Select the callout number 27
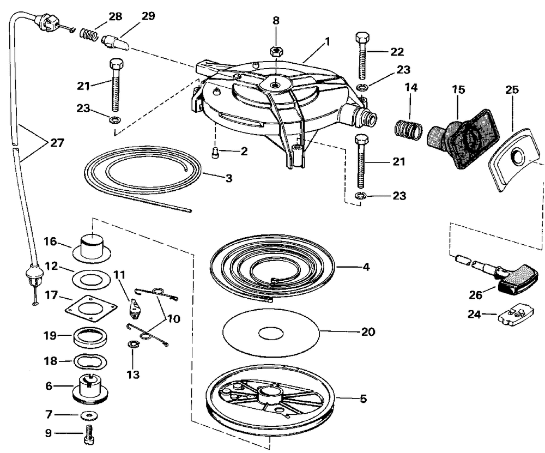57,143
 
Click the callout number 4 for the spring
366,267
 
